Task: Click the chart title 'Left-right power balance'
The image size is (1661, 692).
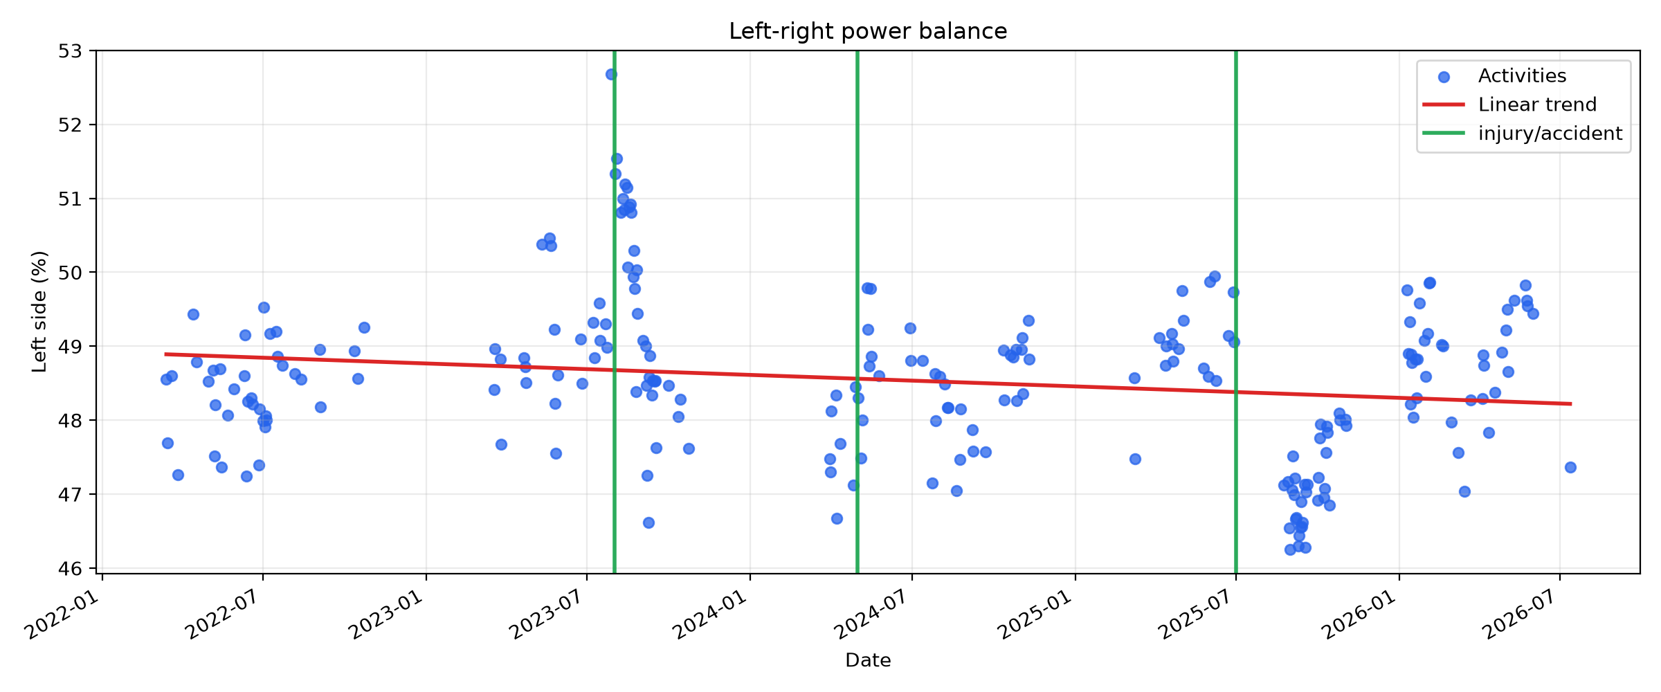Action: [868, 31]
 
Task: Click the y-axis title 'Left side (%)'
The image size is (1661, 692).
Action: [39, 311]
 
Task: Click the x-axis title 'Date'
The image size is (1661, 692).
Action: [868, 660]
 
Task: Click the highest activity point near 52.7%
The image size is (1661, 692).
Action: [611, 74]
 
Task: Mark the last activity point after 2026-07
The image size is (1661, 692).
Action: [1570, 467]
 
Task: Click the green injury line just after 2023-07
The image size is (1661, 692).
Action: [615, 312]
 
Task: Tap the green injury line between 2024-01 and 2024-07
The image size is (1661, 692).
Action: [857, 312]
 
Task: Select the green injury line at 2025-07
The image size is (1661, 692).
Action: [1236, 312]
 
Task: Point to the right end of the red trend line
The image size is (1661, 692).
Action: [1572, 403]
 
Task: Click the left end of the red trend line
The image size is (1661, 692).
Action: [165, 354]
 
